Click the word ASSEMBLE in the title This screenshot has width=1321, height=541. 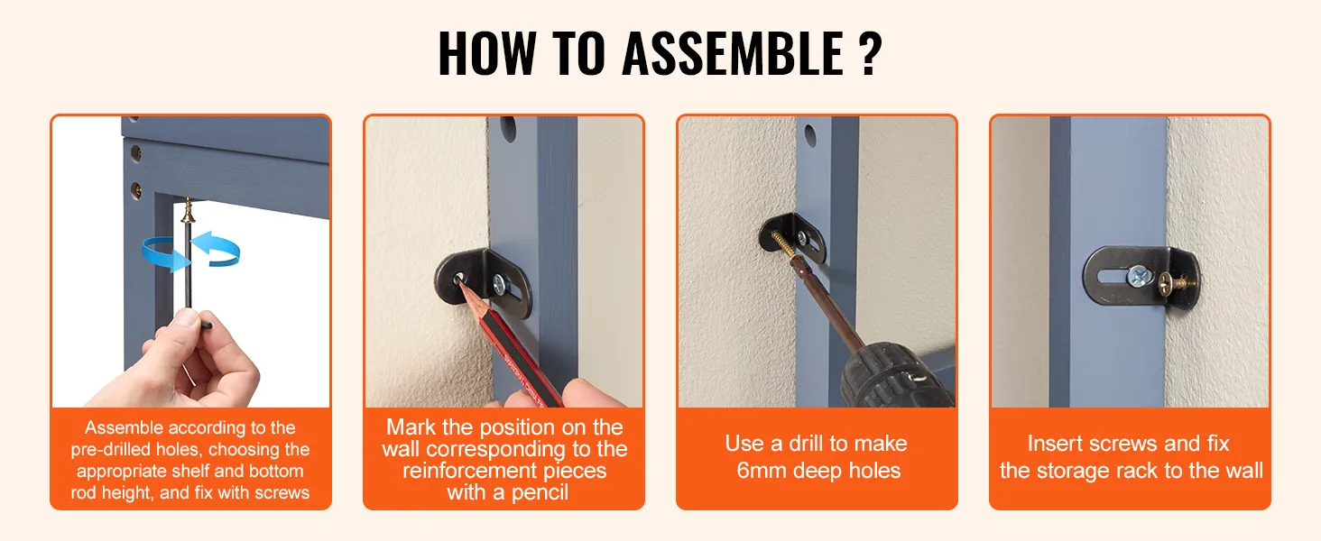733,53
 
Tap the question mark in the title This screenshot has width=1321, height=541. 869,53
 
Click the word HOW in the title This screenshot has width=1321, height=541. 487,53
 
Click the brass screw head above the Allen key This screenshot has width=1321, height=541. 188,211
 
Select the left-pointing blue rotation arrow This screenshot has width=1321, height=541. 217,249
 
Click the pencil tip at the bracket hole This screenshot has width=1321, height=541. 458,280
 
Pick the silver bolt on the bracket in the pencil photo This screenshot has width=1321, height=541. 499,284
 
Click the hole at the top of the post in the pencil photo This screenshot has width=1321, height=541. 508,129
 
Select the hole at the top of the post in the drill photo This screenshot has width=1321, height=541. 810,136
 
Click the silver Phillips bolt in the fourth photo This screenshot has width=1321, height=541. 1138,276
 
